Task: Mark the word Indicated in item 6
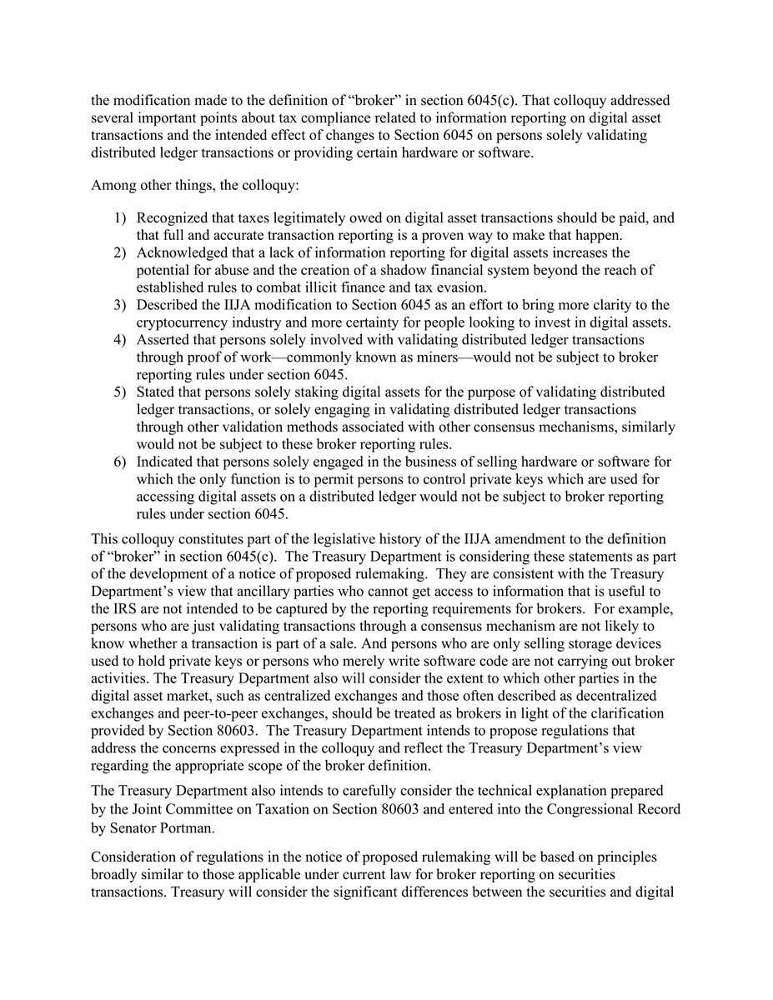click(167, 462)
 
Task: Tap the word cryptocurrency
click(185, 322)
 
